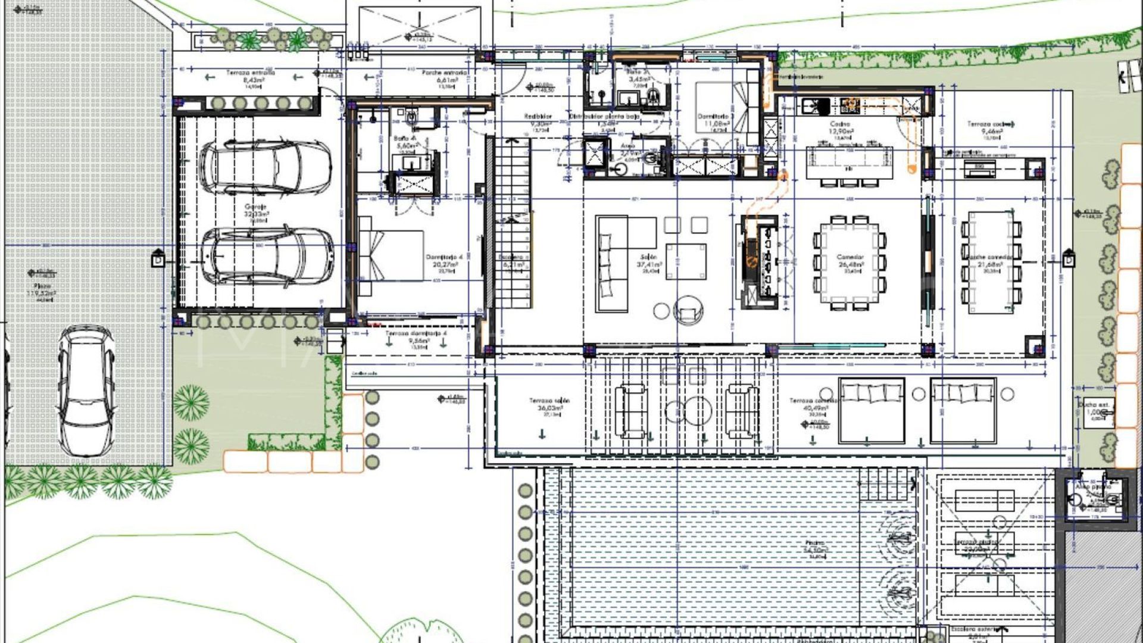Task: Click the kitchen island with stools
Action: point(850,163)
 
